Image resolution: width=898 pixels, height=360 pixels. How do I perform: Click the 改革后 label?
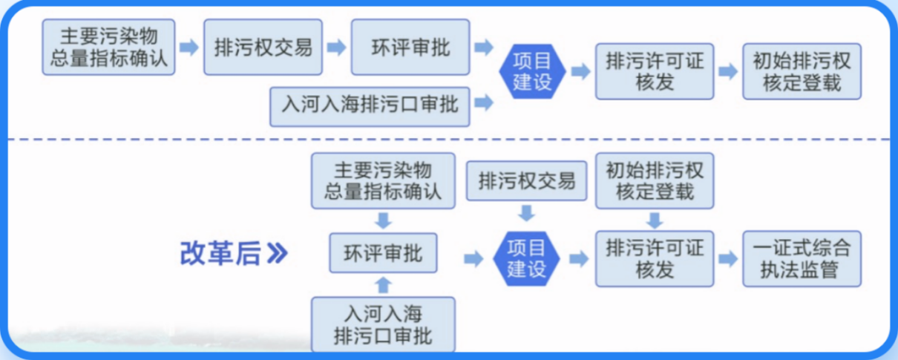pyautogui.click(x=220, y=254)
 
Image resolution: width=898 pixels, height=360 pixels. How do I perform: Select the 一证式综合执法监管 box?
pyautogui.click(x=802, y=258)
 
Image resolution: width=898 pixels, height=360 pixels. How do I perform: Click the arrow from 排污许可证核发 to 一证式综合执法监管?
pyautogui.click(x=727, y=258)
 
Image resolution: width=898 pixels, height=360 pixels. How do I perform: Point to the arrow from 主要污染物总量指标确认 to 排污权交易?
pyautogui.click(x=189, y=48)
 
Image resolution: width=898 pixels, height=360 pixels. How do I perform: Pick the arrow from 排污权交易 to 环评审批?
pyautogui.click(x=336, y=48)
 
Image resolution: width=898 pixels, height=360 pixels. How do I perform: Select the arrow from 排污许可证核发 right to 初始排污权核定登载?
pyautogui.click(x=727, y=71)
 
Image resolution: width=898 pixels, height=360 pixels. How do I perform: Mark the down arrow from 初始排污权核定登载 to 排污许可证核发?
pyautogui.click(x=655, y=220)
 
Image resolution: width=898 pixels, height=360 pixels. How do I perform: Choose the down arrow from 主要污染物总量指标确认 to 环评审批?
pyautogui.click(x=383, y=220)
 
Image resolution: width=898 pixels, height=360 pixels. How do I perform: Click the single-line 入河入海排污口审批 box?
pyautogui.click(x=370, y=103)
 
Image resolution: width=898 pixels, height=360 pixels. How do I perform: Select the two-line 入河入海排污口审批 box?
pyautogui.click(x=383, y=324)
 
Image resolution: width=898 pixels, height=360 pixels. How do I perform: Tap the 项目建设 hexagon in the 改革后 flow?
pyautogui.click(x=526, y=258)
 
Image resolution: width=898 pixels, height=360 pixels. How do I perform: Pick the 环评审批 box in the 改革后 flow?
pyautogui.click(x=383, y=253)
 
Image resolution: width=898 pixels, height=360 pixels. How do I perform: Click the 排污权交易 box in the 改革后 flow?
pyautogui.click(x=526, y=181)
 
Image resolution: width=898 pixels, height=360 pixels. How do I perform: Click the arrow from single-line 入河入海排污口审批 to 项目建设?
pyautogui.click(x=484, y=102)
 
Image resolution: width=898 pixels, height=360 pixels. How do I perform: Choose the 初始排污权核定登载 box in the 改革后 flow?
pyautogui.click(x=655, y=180)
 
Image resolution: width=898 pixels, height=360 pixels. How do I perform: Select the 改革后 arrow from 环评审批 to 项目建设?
pyautogui.click(x=473, y=258)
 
